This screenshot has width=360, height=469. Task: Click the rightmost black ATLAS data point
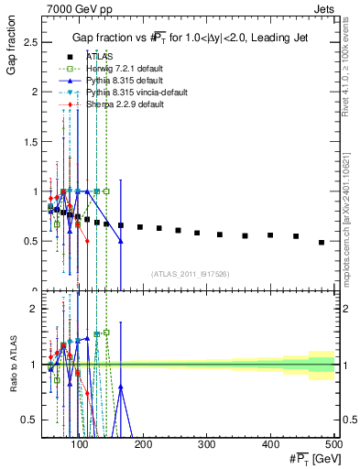pyautogui.click(x=322, y=243)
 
